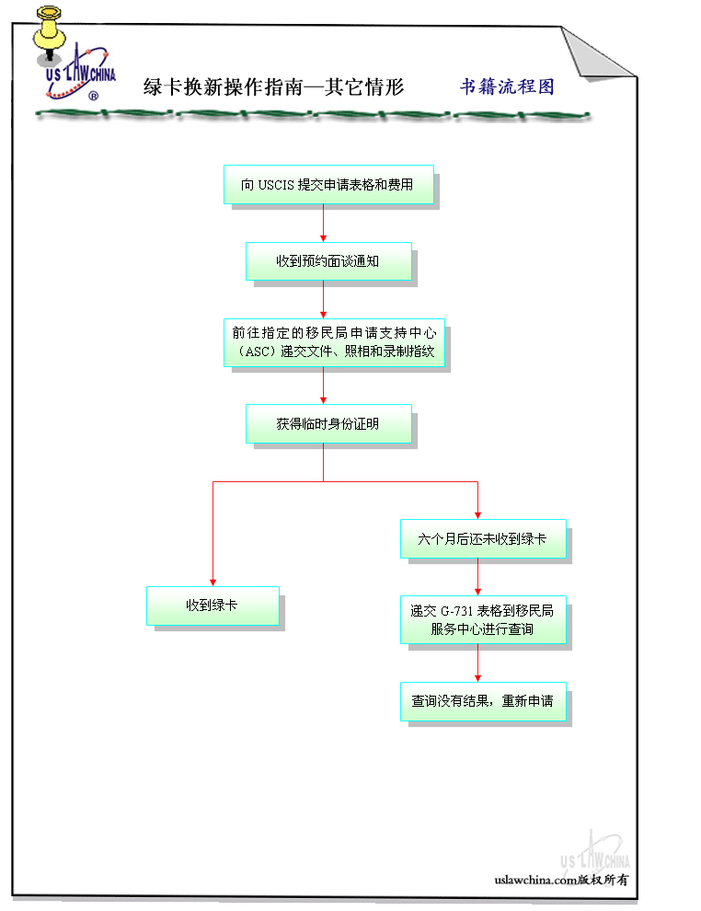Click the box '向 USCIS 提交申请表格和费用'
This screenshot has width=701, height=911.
click(328, 185)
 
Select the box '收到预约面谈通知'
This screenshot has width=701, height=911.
click(328, 261)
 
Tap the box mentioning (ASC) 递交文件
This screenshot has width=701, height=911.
click(333, 343)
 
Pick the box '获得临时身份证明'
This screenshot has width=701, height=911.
click(328, 424)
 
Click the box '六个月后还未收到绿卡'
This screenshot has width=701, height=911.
click(482, 539)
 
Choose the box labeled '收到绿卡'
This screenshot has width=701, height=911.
click(213, 605)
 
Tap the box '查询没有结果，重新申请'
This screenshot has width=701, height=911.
click(482, 701)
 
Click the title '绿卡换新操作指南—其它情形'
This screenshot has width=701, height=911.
click(274, 87)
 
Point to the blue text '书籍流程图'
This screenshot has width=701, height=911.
click(507, 86)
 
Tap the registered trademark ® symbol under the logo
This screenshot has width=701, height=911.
click(93, 95)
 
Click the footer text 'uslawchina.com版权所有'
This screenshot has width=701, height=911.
click(561, 880)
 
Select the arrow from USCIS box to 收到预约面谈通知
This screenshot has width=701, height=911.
click(323, 223)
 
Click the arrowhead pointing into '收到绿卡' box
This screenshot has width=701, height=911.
click(213, 582)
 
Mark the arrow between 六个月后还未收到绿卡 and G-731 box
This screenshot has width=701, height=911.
click(477, 579)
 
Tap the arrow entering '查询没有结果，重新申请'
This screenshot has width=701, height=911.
click(477, 663)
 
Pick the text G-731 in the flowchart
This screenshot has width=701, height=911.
click(457, 610)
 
